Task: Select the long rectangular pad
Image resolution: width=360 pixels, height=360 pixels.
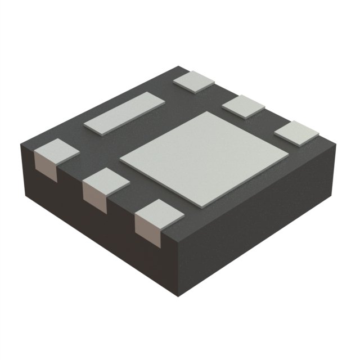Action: click(x=124, y=112)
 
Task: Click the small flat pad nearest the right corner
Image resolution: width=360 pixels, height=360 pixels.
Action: click(x=296, y=133)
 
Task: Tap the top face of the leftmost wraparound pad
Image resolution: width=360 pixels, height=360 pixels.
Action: click(x=56, y=150)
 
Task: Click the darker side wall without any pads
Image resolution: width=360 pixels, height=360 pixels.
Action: click(x=259, y=225)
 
